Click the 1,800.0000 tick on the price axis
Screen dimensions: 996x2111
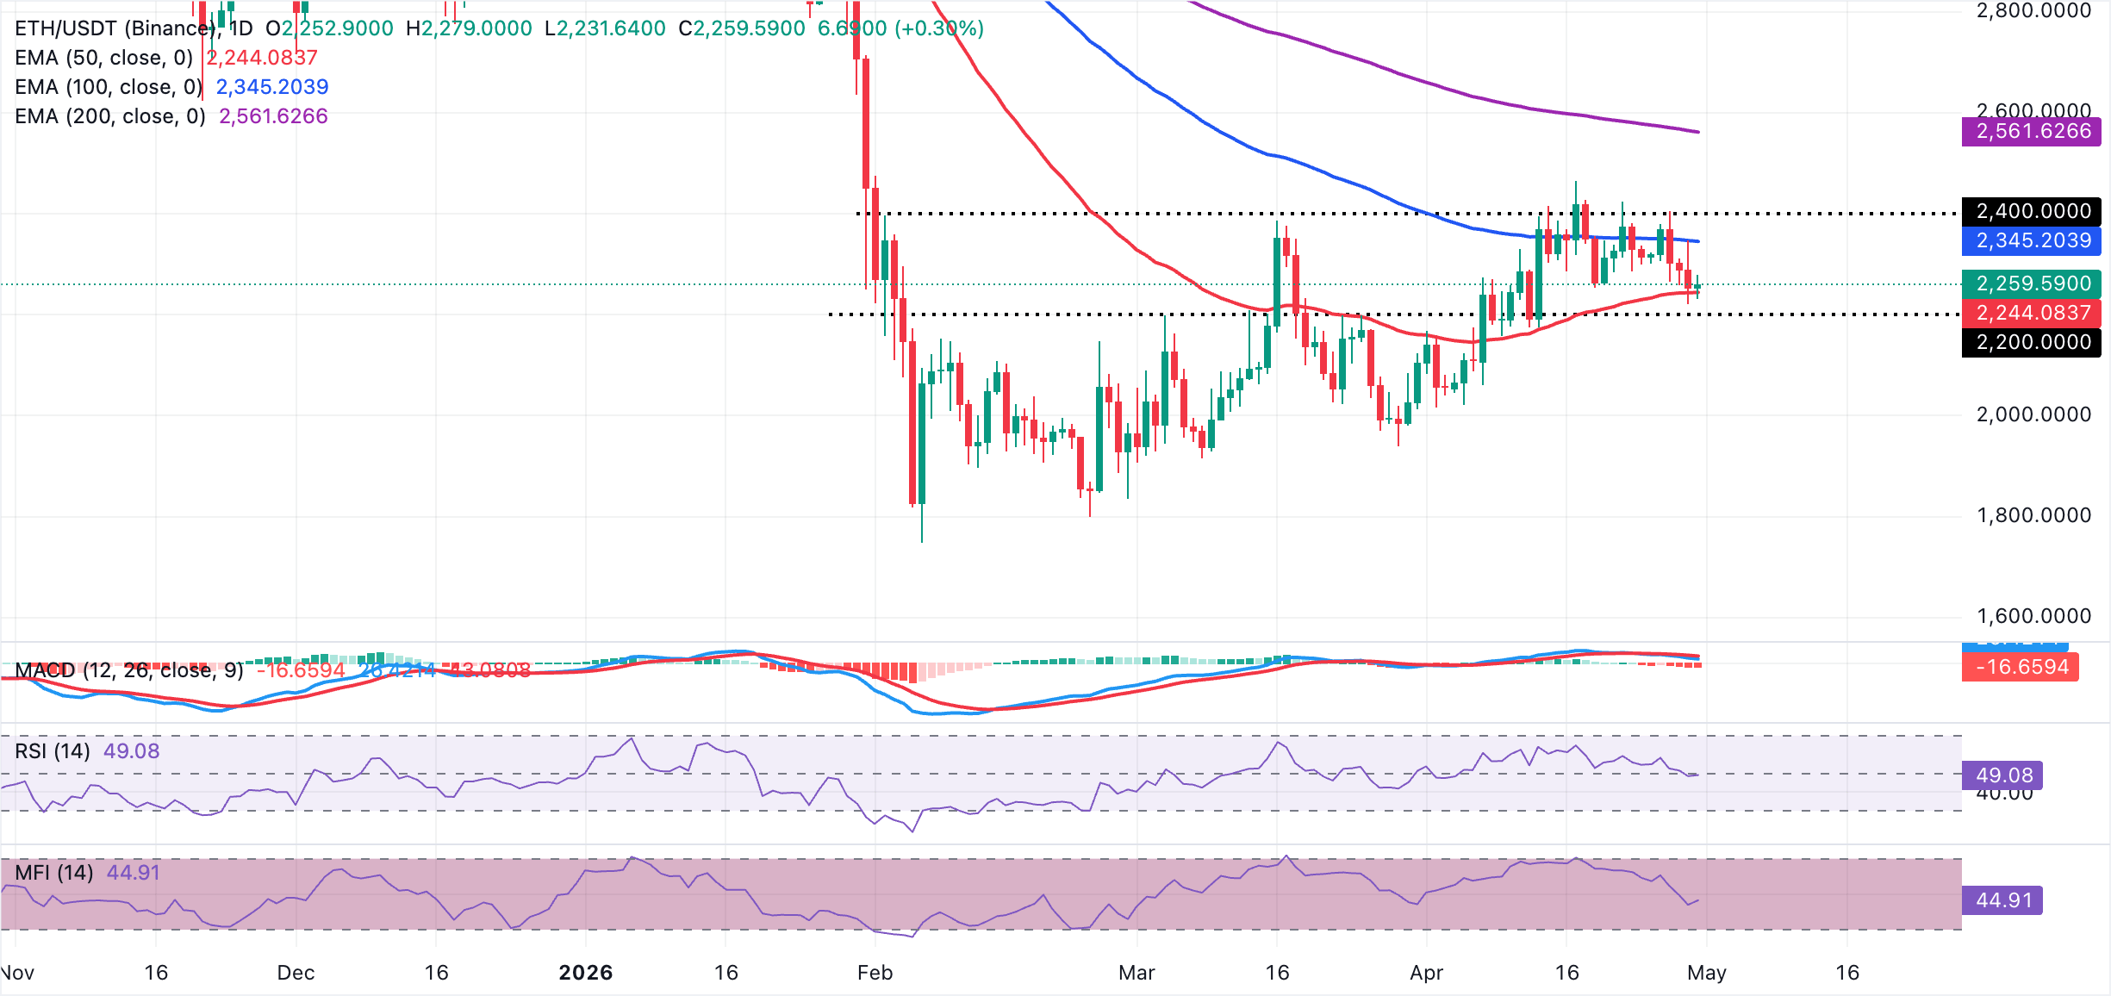[2033, 515]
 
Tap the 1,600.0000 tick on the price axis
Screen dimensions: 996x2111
[2033, 616]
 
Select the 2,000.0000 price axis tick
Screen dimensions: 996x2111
[2033, 414]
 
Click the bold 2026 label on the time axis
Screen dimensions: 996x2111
[586, 973]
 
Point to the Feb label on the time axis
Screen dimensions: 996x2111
[875, 973]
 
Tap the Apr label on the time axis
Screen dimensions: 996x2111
[1426, 973]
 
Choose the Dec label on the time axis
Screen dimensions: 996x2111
[296, 973]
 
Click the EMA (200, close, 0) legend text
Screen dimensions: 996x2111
[110, 116]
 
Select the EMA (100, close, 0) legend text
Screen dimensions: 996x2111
[109, 87]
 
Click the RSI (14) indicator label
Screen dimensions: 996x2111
[53, 751]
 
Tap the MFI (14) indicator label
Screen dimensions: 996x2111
[54, 873]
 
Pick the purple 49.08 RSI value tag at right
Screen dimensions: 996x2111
[2003, 775]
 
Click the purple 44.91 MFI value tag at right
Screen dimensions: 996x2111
[2003, 900]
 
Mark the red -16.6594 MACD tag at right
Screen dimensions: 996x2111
[2021, 667]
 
